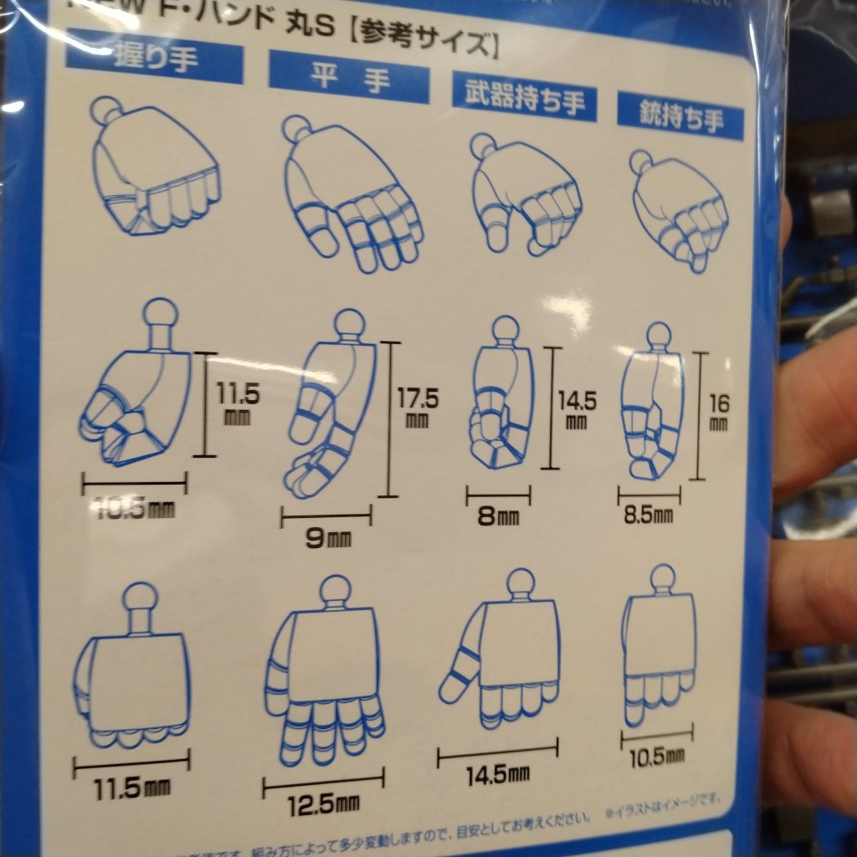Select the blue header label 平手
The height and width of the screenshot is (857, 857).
click(x=348, y=77)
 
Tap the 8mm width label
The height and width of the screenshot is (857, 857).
click(x=497, y=516)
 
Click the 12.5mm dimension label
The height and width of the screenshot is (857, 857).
click(x=311, y=805)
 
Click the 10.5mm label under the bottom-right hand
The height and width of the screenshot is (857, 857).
click(x=657, y=757)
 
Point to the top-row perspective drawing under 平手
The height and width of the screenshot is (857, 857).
click(x=352, y=192)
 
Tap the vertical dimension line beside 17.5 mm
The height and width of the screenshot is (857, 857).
click(x=387, y=418)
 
